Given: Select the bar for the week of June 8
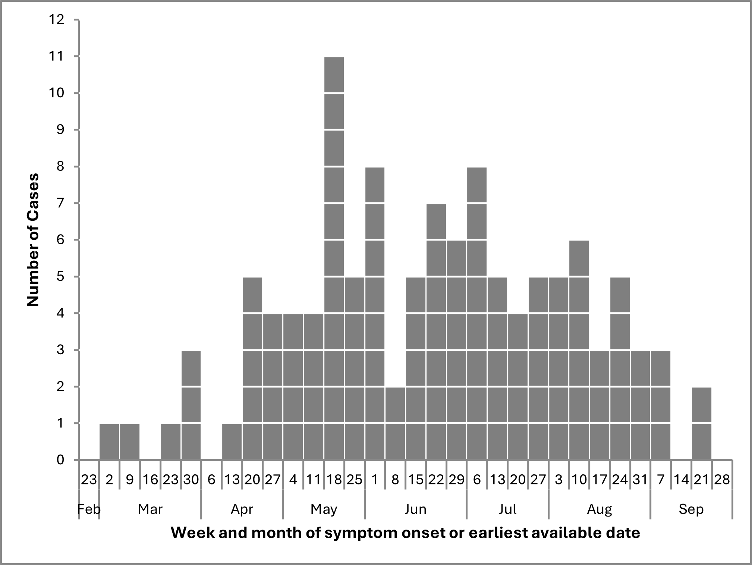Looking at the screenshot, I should tap(395, 423).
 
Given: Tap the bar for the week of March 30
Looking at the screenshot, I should tap(191, 405).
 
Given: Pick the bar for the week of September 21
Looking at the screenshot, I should tap(701, 423).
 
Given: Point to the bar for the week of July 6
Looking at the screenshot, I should tap(477, 313).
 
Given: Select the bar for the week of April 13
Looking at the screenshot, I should tap(232, 442).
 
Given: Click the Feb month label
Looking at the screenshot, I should tap(89, 509).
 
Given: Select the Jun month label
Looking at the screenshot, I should tap(415, 509).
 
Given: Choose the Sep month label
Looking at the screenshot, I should tap(691, 509).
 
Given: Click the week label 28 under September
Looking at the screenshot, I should tap(722, 480).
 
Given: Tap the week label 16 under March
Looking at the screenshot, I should tap(150, 480).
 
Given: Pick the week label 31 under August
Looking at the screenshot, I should tap(640, 480).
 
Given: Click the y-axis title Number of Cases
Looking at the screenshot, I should tap(33, 240).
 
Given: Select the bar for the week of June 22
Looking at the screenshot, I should tap(436, 332).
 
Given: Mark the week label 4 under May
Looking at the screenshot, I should tap(293, 480).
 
